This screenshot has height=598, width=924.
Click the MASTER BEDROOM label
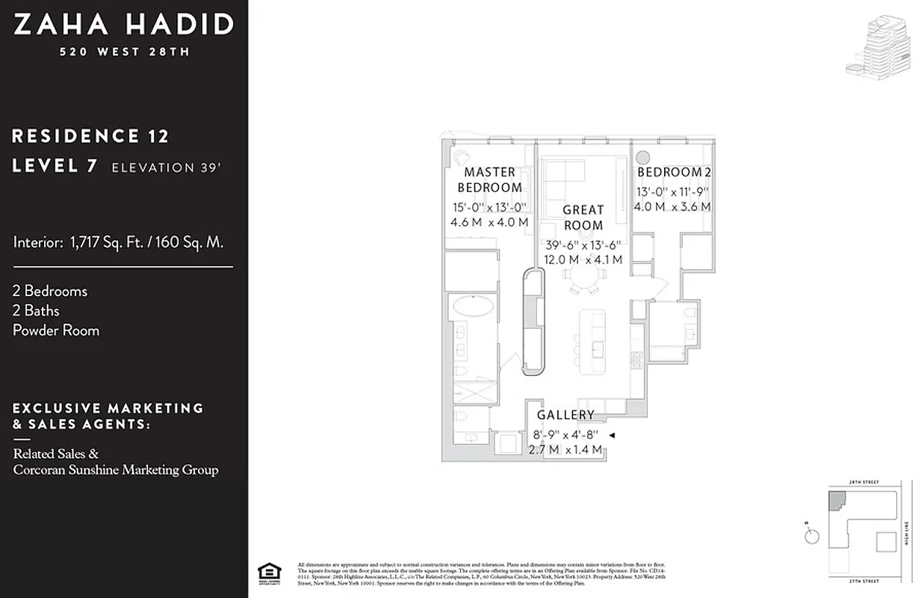point(489,179)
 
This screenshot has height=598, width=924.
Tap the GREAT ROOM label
point(583,218)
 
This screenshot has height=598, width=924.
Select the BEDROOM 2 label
point(674,173)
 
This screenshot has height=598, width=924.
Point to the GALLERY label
point(565,415)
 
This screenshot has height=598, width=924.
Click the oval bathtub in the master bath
point(471,307)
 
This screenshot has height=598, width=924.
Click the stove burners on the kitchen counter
point(637,360)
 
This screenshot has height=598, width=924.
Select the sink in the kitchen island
point(598,347)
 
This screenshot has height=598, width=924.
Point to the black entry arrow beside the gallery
point(611,435)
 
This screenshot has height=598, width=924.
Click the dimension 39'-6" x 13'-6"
point(583,245)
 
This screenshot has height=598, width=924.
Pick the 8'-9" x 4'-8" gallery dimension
point(565,434)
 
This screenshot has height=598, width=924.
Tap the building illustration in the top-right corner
point(878,47)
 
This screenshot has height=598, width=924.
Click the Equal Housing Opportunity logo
point(265,571)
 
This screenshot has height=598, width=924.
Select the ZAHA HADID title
point(124,25)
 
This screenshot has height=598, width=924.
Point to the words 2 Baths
point(36,310)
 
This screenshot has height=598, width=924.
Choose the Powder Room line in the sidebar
point(56,330)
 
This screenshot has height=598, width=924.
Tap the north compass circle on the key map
point(812,537)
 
